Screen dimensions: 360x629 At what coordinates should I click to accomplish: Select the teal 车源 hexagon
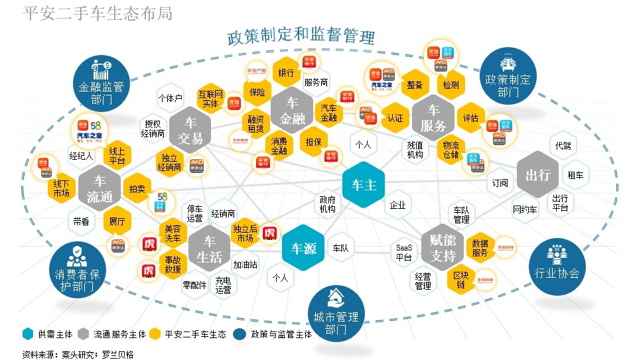[x=304, y=249]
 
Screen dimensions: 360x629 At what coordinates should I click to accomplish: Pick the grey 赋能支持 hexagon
[x=443, y=248]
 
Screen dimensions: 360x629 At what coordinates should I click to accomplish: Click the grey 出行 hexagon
[x=538, y=175]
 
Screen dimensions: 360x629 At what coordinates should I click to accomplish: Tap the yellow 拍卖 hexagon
[x=137, y=188]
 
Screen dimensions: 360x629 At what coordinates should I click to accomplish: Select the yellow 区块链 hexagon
[x=460, y=280]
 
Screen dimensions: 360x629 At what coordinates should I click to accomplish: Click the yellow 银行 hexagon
[x=287, y=73]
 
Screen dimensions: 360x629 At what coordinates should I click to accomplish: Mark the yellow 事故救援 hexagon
[x=173, y=265]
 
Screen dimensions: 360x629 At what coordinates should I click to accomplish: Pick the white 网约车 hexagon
[x=524, y=210]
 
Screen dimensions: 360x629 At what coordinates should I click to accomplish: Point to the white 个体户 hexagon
[x=170, y=98]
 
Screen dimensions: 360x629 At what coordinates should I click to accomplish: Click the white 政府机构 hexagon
[x=328, y=204]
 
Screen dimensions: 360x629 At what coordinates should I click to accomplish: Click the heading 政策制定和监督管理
[x=301, y=36]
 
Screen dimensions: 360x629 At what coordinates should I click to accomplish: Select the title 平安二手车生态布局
[x=98, y=13]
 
